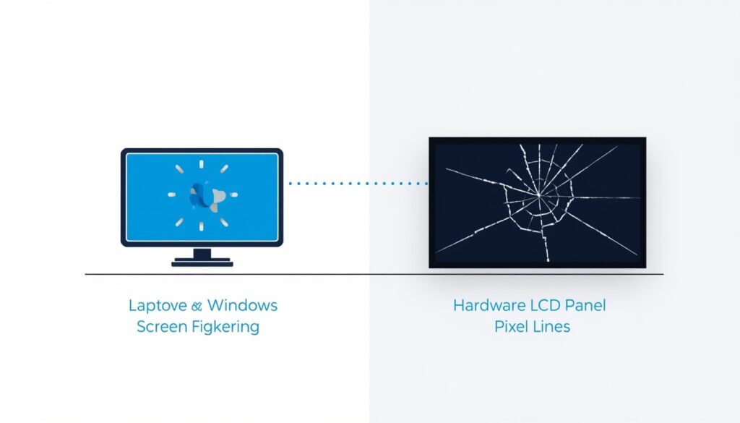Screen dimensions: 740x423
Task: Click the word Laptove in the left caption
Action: click(158, 306)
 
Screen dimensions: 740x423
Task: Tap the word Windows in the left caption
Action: click(242, 305)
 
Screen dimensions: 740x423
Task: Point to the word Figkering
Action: click(228, 327)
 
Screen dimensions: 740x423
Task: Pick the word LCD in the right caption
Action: click(546, 305)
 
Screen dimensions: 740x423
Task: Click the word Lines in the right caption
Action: click(551, 326)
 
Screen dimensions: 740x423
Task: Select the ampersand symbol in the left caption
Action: click(197, 306)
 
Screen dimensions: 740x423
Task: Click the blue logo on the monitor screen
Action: click(206, 195)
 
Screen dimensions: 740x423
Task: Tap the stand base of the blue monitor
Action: click(202, 262)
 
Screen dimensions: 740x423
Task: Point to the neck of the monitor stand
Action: click(202, 252)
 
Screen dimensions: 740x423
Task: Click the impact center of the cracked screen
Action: click(538, 195)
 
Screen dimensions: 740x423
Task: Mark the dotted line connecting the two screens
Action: click(358, 183)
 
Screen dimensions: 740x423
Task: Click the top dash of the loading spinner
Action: click(202, 164)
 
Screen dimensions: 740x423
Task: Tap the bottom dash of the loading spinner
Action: click(202, 226)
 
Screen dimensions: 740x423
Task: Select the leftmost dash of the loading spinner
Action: click(172, 195)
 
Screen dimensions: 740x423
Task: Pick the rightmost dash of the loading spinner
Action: click(233, 195)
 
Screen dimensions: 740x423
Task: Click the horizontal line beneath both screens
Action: click(374, 274)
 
